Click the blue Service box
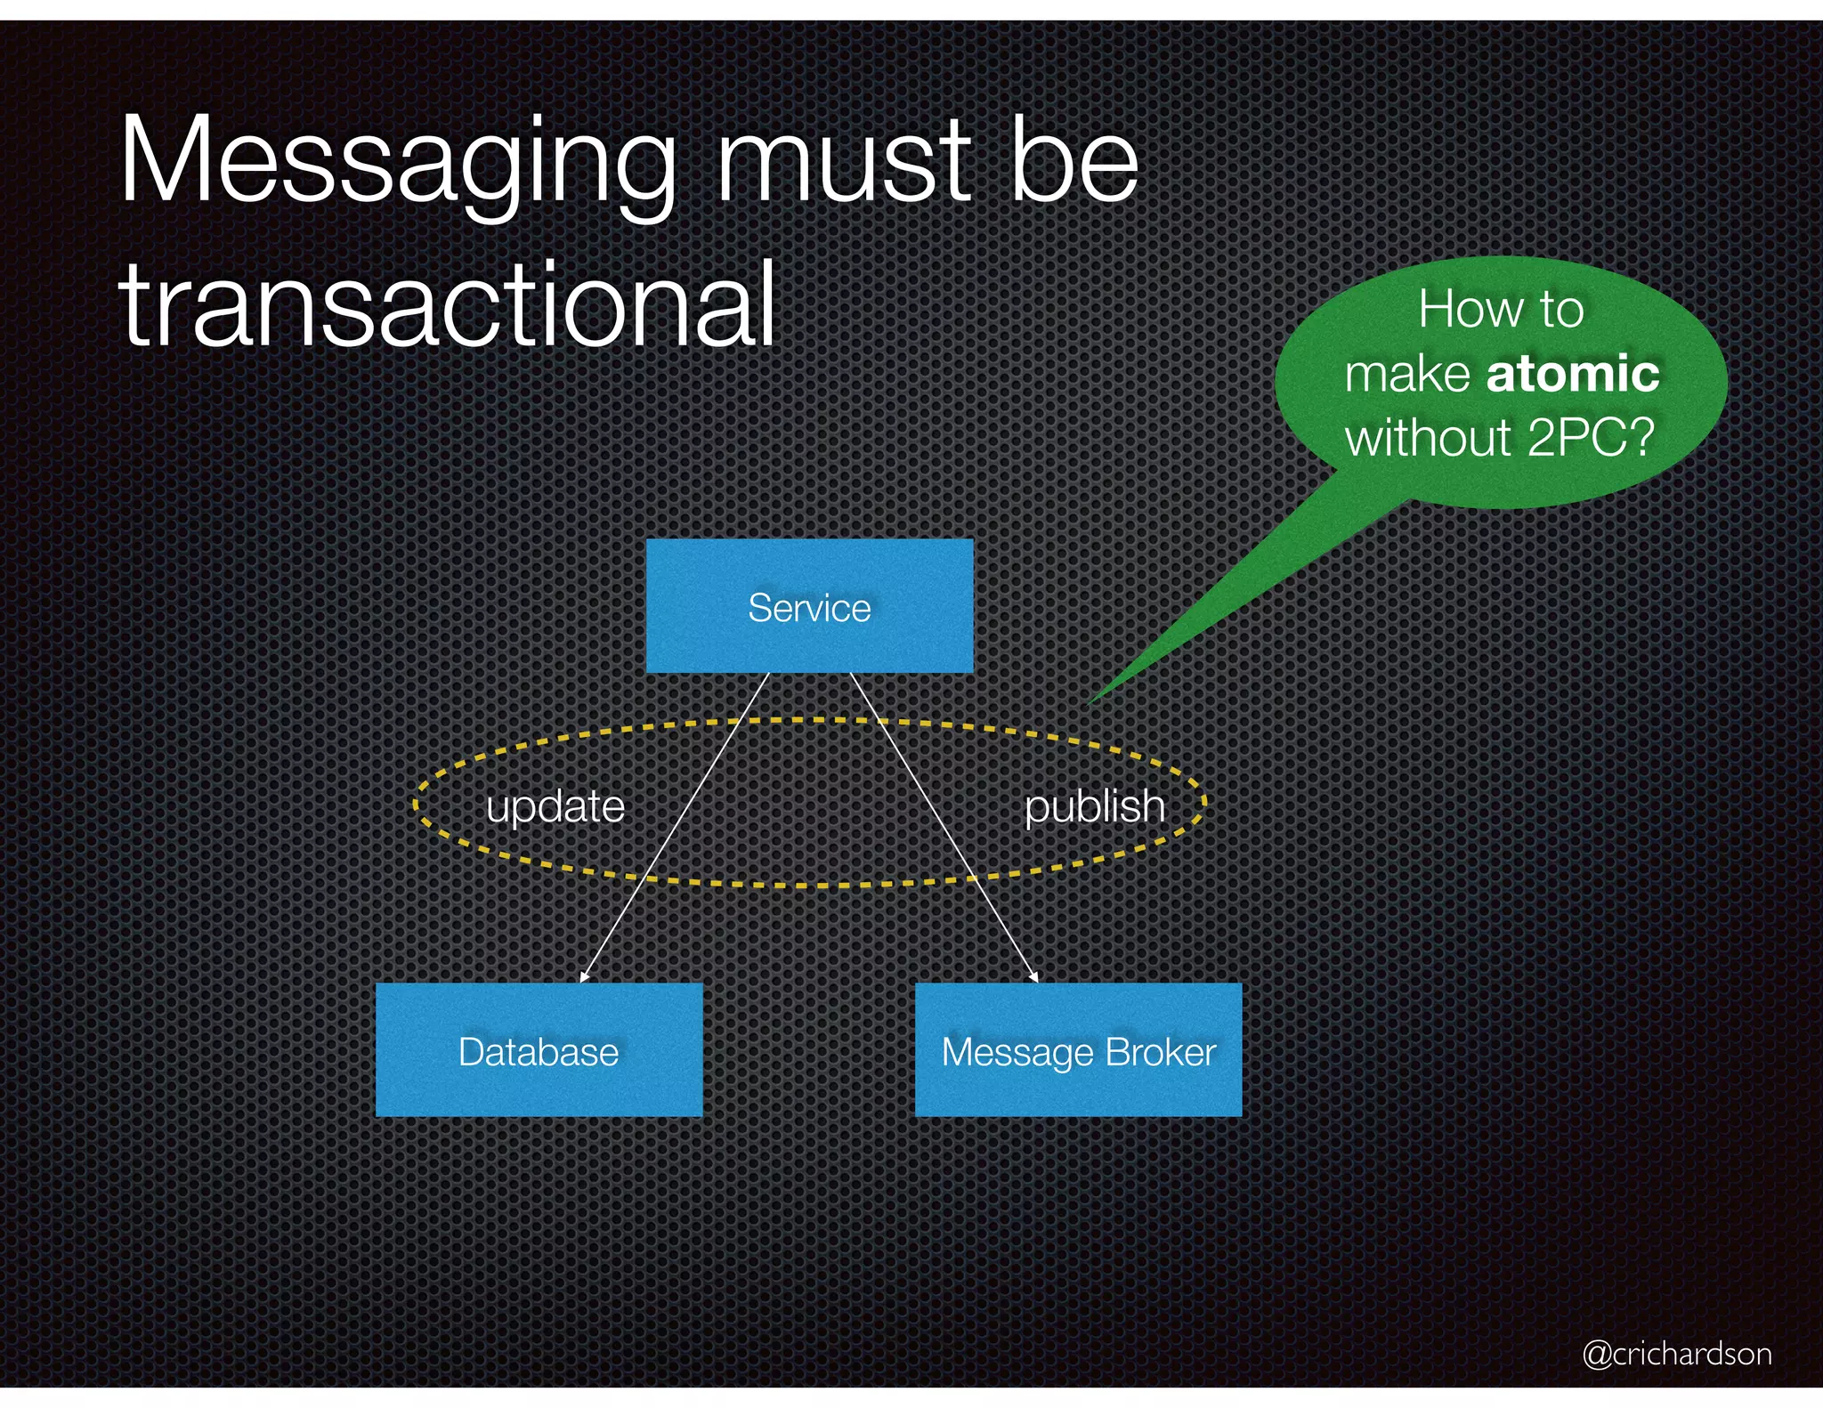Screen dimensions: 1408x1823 coord(809,606)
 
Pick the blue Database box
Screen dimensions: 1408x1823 coord(539,1050)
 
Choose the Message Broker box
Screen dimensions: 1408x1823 coord(1078,1050)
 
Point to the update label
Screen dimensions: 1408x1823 coord(555,806)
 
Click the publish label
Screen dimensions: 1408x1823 coord(1094,806)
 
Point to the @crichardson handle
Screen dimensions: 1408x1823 coord(1677,1354)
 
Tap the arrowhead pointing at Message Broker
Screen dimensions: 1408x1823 coord(1034,977)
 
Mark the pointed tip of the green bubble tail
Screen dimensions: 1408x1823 coord(1088,706)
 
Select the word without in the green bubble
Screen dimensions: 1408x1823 coord(1428,437)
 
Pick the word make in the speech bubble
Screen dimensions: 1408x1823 coord(1406,374)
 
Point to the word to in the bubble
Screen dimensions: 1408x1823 coord(1560,309)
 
